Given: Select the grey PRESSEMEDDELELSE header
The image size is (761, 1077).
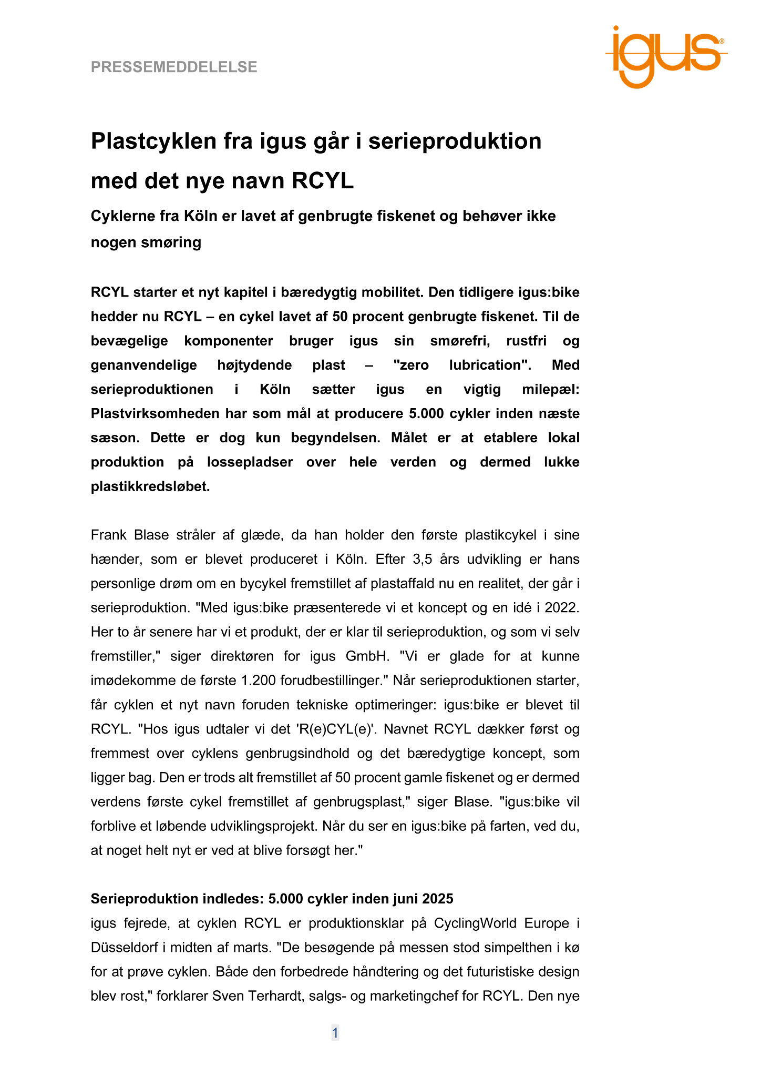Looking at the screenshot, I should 174,67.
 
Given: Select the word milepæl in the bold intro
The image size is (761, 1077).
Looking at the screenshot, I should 551,389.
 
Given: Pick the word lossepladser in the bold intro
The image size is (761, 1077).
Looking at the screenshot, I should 250,462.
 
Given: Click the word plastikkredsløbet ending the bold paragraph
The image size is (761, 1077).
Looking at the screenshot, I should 150,486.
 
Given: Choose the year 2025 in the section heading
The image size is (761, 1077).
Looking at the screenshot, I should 436,898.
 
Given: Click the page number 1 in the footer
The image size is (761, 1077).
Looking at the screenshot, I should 335,1033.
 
